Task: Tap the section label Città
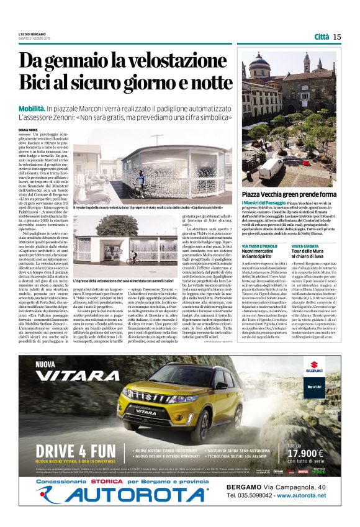(x=321, y=37)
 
